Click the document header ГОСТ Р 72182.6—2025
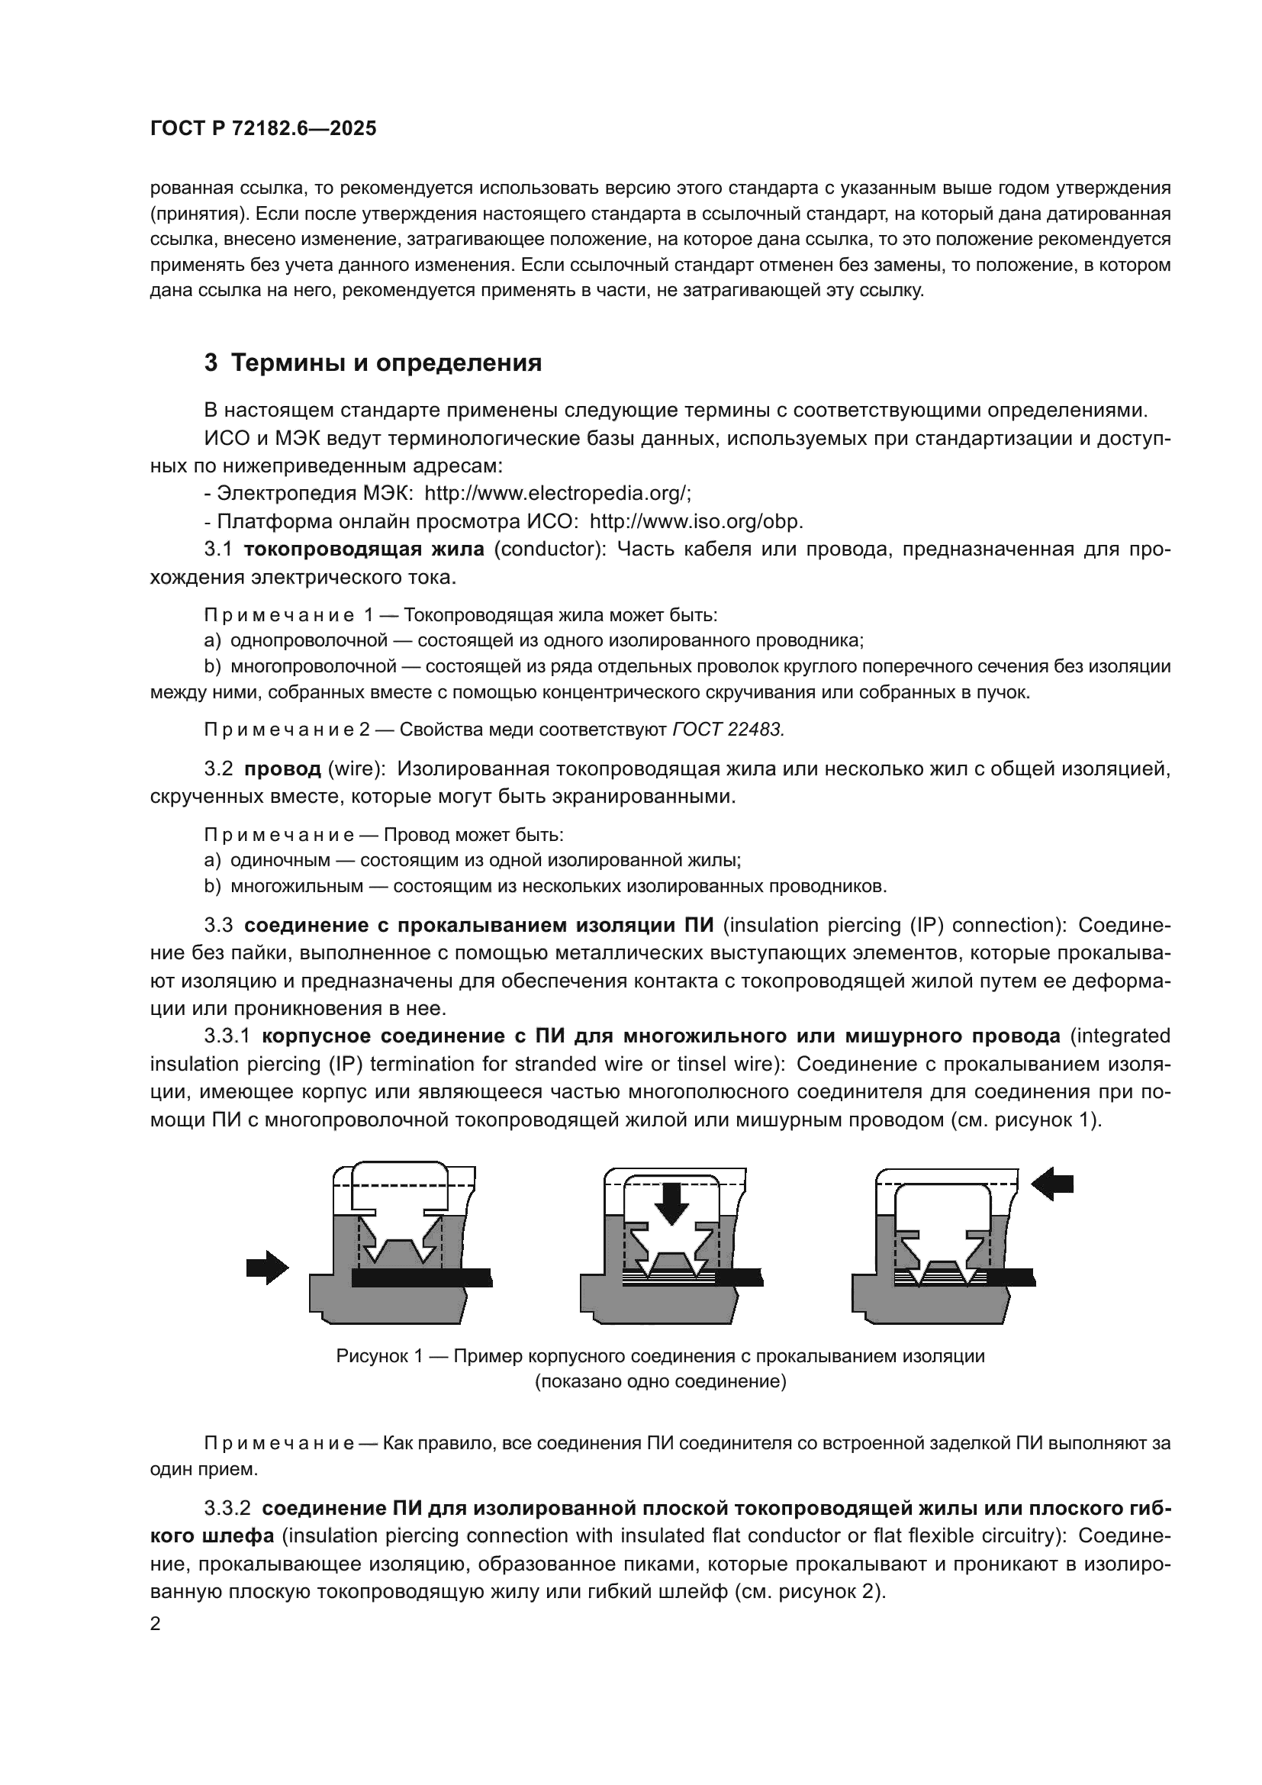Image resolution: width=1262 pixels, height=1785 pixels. pos(262,129)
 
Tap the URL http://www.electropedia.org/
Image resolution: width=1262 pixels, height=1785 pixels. pos(557,494)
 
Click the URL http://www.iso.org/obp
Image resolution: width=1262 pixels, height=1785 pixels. pos(697,522)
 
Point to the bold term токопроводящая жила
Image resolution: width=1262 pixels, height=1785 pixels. pos(365,549)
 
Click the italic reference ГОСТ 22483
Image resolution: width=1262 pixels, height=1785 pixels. pos(728,730)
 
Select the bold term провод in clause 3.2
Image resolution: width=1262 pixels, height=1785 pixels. pos(282,769)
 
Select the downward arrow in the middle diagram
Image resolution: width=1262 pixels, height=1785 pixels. pos(671,1203)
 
